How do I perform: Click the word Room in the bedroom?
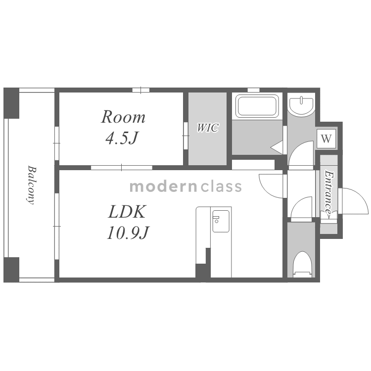tap(123, 117)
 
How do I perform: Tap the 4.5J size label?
tap(122, 138)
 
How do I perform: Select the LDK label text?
tap(127, 212)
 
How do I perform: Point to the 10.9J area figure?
tap(128, 232)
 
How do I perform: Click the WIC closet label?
tap(207, 128)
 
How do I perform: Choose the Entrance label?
tap(329, 194)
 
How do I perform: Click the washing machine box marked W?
tap(326, 139)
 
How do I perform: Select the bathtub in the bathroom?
tap(257, 106)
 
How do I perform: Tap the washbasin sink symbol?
tap(301, 105)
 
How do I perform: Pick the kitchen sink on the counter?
tap(221, 221)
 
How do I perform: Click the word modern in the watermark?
tap(163, 186)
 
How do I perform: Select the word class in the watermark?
tap(222, 186)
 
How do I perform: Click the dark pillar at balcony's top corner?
tap(11, 103)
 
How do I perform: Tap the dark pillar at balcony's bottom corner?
tap(11, 270)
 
